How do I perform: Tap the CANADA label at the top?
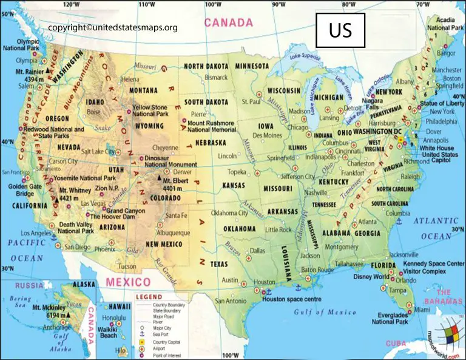pos(228,23)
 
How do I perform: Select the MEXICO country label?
pos(127,282)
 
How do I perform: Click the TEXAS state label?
pos(219,264)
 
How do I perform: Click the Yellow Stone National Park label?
pos(151,110)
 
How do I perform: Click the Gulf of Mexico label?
pos(325,312)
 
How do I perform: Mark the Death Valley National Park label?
pos(76,228)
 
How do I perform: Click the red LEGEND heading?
pos(149,296)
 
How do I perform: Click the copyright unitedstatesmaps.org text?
pos(113,27)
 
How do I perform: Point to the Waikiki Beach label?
pos(109,332)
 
